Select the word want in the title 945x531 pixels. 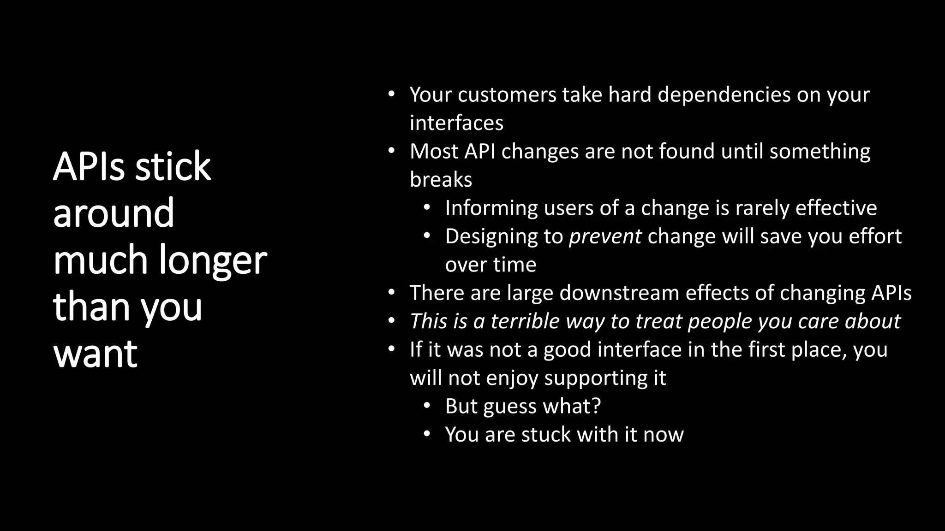click(95, 354)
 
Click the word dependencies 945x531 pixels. click(724, 95)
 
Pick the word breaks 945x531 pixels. click(441, 180)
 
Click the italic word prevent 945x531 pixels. click(605, 237)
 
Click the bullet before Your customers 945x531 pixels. click(391, 94)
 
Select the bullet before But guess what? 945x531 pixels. click(427, 406)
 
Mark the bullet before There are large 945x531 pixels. click(391, 293)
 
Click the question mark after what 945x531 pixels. click(596, 406)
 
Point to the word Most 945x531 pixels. click(434, 152)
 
